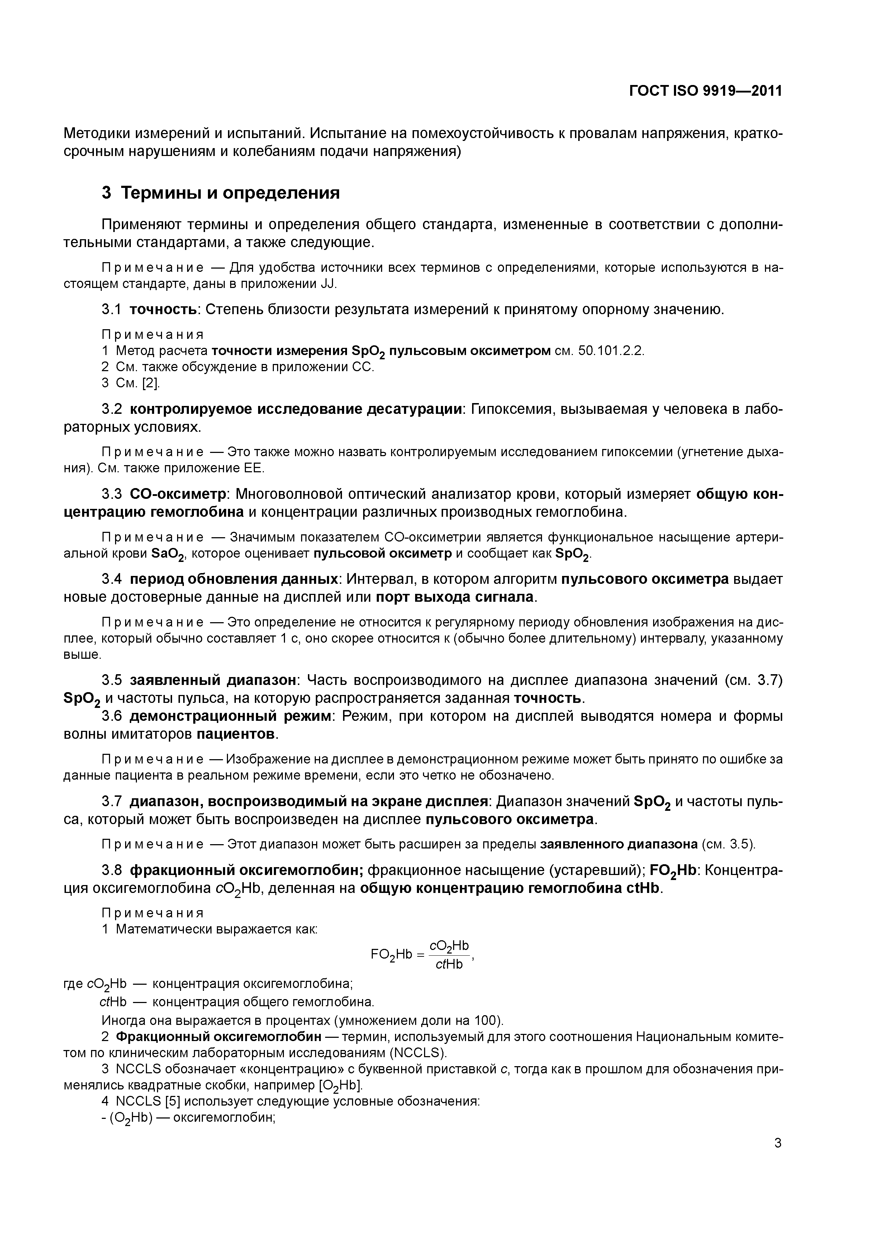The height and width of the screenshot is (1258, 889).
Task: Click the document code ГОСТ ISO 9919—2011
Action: pos(705,91)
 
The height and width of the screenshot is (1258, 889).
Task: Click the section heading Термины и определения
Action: pos(230,193)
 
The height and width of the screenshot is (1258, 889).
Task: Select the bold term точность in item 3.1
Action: pos(163,310)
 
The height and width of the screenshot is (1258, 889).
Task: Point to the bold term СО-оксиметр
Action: pos(179,494)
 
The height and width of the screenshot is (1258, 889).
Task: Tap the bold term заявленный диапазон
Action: pos(213,681)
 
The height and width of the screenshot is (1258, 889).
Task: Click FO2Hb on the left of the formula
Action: pos(390,955)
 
